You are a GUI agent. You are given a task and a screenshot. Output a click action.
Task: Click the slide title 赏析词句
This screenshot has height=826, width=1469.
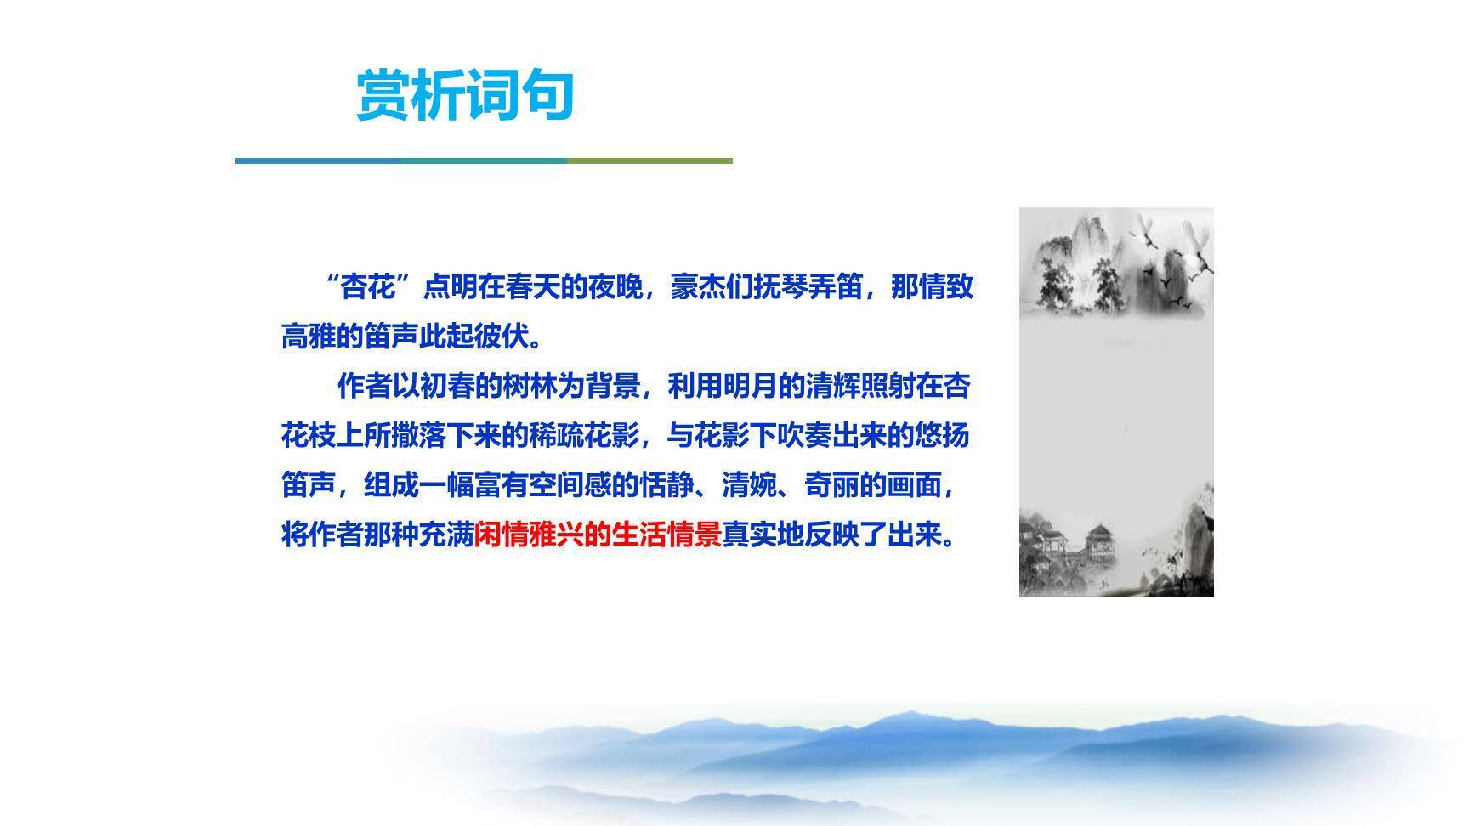point(465,95)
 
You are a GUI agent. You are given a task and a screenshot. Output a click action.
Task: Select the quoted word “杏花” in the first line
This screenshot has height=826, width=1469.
point(368,287)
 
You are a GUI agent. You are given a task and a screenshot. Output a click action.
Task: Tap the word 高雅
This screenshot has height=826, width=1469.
point(309,337)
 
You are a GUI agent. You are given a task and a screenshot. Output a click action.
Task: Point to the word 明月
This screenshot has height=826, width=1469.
point(750,387)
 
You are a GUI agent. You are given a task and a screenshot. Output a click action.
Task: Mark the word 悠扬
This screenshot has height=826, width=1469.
point(942,436)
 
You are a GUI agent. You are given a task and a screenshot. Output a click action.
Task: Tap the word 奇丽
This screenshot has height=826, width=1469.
point(831,486)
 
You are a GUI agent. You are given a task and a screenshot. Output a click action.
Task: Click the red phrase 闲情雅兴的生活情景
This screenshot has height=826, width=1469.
point(598,535)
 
